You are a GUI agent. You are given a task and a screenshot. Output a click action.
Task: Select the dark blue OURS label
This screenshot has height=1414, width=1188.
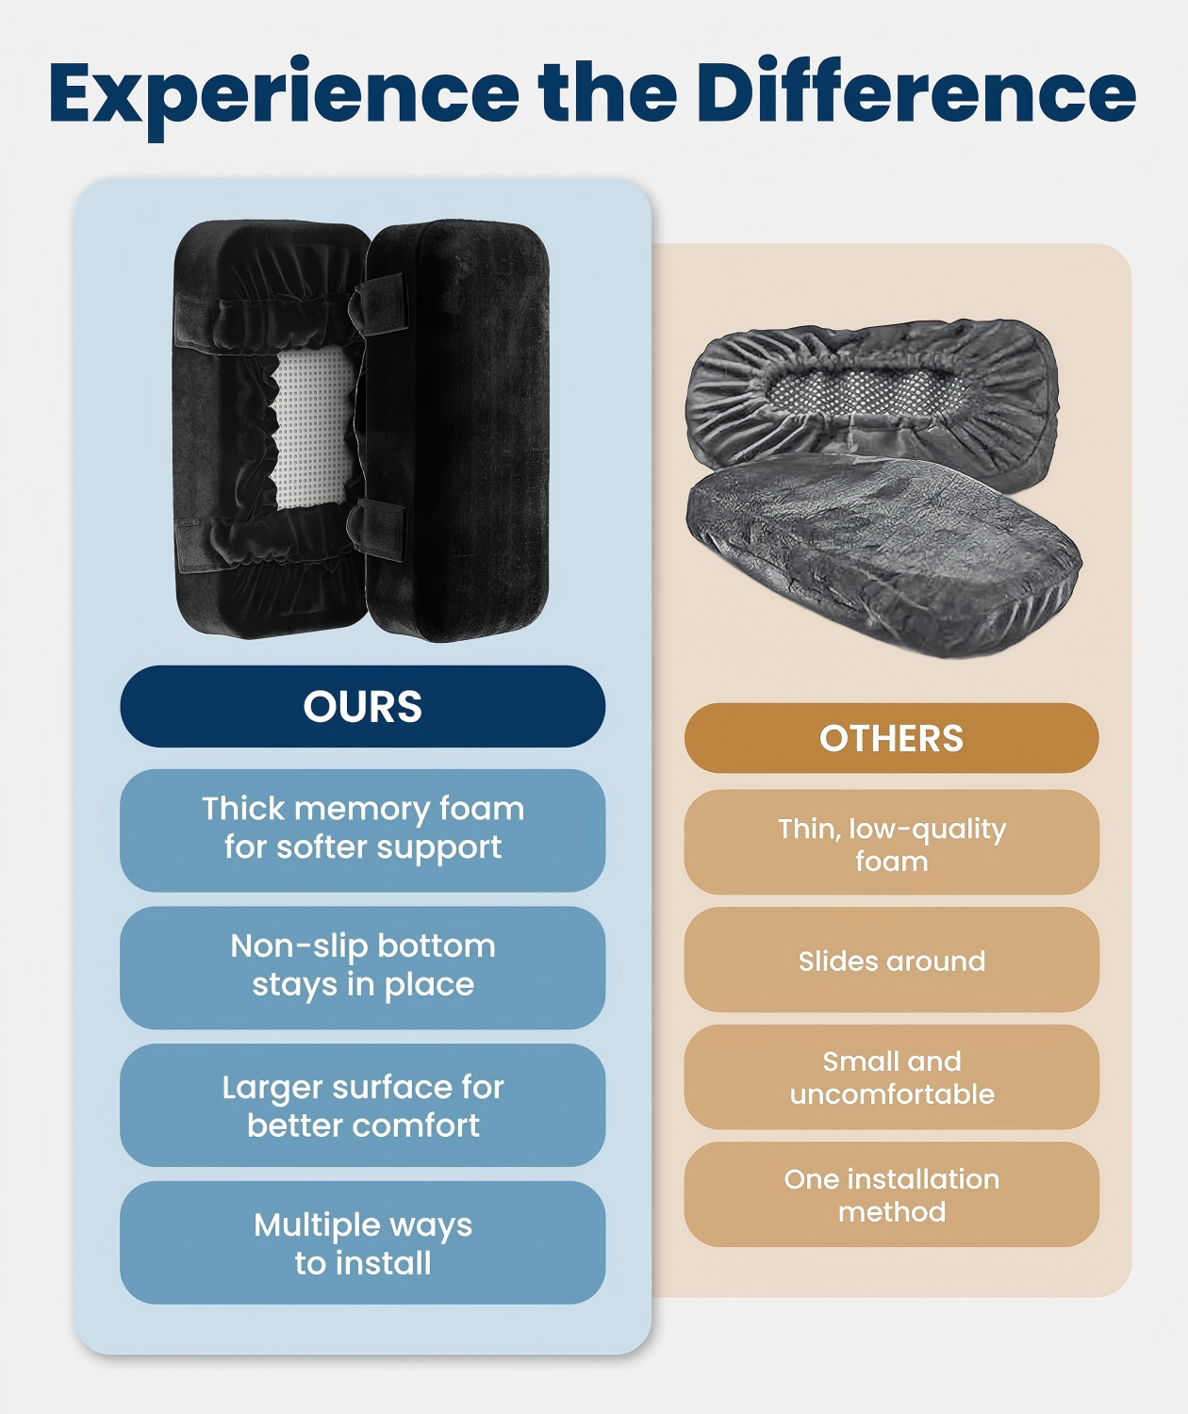pos(362,706)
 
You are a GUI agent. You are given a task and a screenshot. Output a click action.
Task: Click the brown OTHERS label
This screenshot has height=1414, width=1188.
pos(891,737)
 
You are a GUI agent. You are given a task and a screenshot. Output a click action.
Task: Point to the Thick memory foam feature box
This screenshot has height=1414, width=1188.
pos(362,830)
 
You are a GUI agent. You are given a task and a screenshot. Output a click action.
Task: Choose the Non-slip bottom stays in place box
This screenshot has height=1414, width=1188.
pos(362,968)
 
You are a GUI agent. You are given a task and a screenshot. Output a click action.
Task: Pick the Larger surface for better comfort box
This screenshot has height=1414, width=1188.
pos(362,1105)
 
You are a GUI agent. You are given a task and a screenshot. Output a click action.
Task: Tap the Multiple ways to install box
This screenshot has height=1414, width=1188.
pos(362,1242)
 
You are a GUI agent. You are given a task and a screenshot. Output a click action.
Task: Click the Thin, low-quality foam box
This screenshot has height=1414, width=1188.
pos(891,842)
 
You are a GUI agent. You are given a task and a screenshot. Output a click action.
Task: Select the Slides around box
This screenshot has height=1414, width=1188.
pos(891,960)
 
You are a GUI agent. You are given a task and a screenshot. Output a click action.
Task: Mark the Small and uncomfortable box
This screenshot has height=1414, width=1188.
pos(891,1077)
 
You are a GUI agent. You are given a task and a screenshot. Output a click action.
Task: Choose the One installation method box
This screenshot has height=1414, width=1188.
pos(891,1194)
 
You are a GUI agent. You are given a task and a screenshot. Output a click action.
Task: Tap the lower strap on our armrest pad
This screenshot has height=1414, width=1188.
pos(379,531)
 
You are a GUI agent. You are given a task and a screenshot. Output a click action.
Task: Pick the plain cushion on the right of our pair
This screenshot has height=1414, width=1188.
pos(458,430)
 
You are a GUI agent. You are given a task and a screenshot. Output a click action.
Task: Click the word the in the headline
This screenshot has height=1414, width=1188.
pos(607,90)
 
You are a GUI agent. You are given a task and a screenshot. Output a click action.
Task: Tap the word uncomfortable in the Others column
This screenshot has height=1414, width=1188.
pos(891,1094)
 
